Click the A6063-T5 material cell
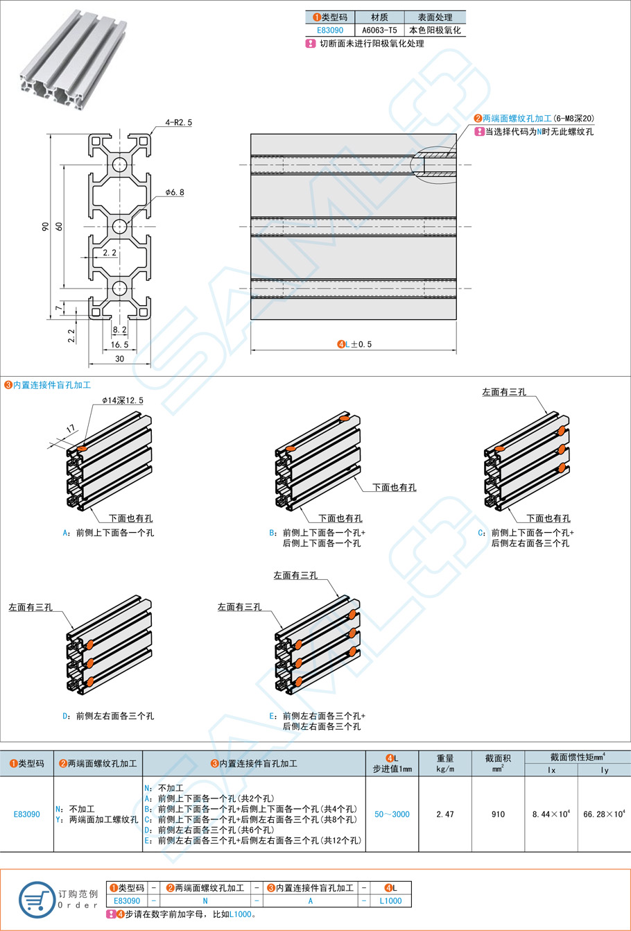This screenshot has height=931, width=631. coord(379,31)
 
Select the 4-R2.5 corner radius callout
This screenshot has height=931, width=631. coord(178,122)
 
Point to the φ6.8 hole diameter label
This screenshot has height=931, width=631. coord(175,192)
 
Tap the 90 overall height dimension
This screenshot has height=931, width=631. coord(46,226)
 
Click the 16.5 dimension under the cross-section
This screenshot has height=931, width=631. coord(119,344)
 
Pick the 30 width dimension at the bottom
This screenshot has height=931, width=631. coord(119,359)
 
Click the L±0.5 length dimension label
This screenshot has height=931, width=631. coord(354,344)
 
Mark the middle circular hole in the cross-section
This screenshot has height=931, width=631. coord(119,225)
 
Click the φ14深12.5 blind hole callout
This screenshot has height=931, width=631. coord(123,400)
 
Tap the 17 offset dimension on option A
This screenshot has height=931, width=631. coord(70,430)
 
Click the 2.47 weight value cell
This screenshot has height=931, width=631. coord(445,814)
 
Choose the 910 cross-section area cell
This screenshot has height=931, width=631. coord(498,814)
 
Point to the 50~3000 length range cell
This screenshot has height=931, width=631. coord(392,814)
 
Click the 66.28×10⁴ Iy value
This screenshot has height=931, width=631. coord(604,814)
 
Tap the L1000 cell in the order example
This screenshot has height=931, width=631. coord(390,900)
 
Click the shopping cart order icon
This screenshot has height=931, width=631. coord(37,900)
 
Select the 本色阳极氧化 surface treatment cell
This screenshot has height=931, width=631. coord(435,31)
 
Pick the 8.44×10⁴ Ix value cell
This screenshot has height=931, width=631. coord(551,814)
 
